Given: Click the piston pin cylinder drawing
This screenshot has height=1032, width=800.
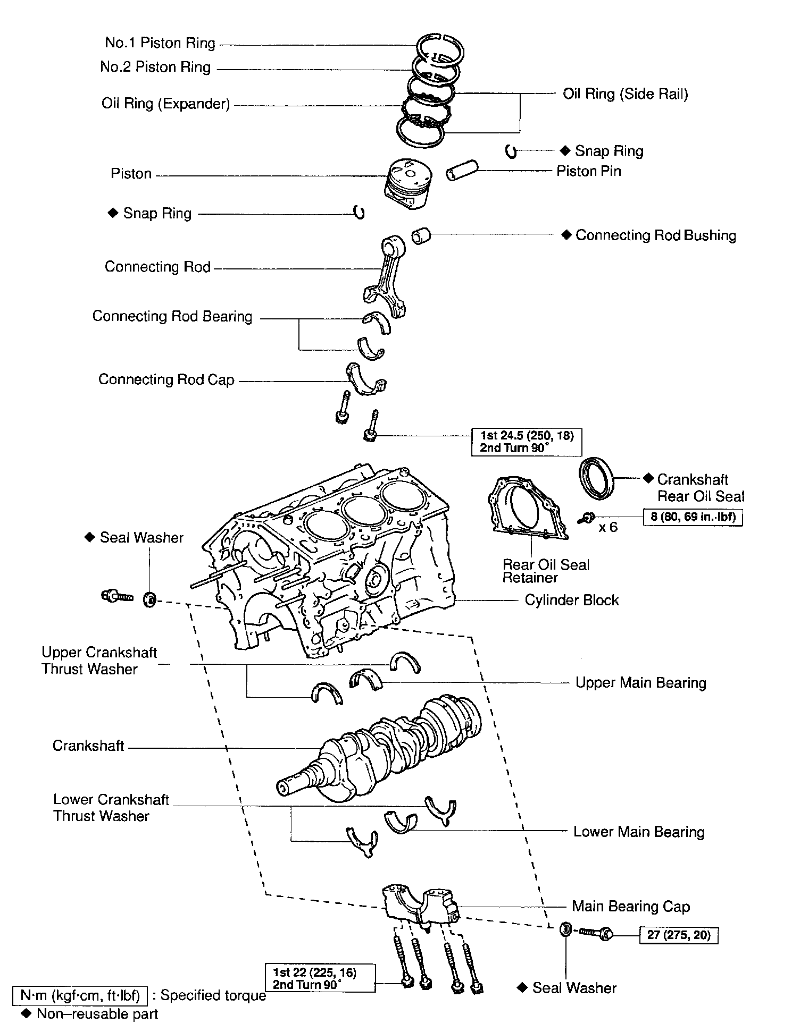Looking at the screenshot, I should click(x=463, y=171).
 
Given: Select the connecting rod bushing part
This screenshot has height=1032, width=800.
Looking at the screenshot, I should click(x=422, y=235).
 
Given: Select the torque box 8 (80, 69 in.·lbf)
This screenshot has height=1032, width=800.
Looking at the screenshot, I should click(x=693, y=517).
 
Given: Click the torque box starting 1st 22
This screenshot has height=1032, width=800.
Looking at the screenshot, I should click(x=320, y=978).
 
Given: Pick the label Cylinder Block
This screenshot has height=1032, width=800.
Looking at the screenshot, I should click(x=572, y=600).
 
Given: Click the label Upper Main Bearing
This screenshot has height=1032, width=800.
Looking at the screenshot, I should click(x=641, y=683).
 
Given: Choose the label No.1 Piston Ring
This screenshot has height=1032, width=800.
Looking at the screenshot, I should click(x=160, y=43).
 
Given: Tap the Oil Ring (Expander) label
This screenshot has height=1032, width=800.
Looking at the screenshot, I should click(x=166, y=104).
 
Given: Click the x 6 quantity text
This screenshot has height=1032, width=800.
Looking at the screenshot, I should click(x=608, y=527).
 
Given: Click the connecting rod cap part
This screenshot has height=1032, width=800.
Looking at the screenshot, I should click(x=366, y=379).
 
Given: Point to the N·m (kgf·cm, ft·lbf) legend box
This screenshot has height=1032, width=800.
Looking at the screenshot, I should click(x=80, y=995).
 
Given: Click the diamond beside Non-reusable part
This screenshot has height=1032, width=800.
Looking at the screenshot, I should click(x=24, y=1013).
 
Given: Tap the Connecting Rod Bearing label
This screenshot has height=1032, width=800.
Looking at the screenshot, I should click(x=172, y=317).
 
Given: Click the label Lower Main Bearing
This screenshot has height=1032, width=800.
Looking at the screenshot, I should click(x=639, y=832).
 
